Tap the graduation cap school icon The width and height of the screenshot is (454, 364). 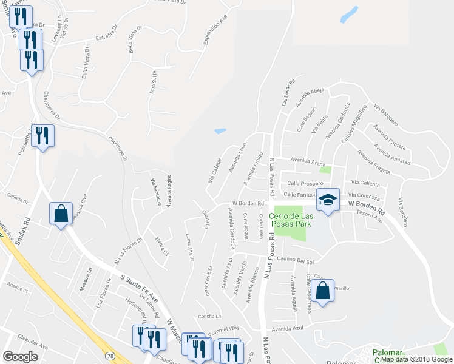[328, 200]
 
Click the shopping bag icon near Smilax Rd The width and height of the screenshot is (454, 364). [61, 214]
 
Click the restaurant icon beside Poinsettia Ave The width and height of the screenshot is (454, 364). [42, 136]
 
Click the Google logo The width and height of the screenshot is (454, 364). [21, 357]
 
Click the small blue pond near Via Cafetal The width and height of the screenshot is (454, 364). [220, 130]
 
